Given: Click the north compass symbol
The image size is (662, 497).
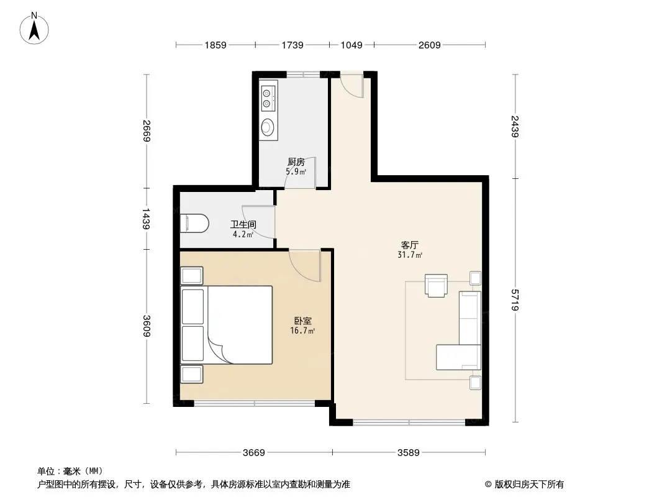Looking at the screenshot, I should tap(35, 27).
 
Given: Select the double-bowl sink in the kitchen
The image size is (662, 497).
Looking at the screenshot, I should tap(268, 96).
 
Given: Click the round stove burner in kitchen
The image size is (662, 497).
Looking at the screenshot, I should tap(268, 127).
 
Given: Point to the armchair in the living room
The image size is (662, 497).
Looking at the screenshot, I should tap(436, 286).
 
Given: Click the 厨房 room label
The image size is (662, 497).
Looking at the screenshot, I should tap(296, 162).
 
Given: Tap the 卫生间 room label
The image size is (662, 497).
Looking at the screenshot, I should tap(243, 225).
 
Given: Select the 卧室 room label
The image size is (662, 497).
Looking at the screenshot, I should tap(303, 321).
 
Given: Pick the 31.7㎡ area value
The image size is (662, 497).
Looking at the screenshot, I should tap(410, 255).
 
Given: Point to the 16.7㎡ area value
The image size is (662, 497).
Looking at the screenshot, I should tap(302, 331).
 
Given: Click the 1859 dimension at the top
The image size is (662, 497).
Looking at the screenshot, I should tap(215, 45).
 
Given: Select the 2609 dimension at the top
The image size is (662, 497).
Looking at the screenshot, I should tap(429, 45).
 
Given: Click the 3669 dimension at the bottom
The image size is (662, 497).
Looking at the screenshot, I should tap(253, 452).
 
